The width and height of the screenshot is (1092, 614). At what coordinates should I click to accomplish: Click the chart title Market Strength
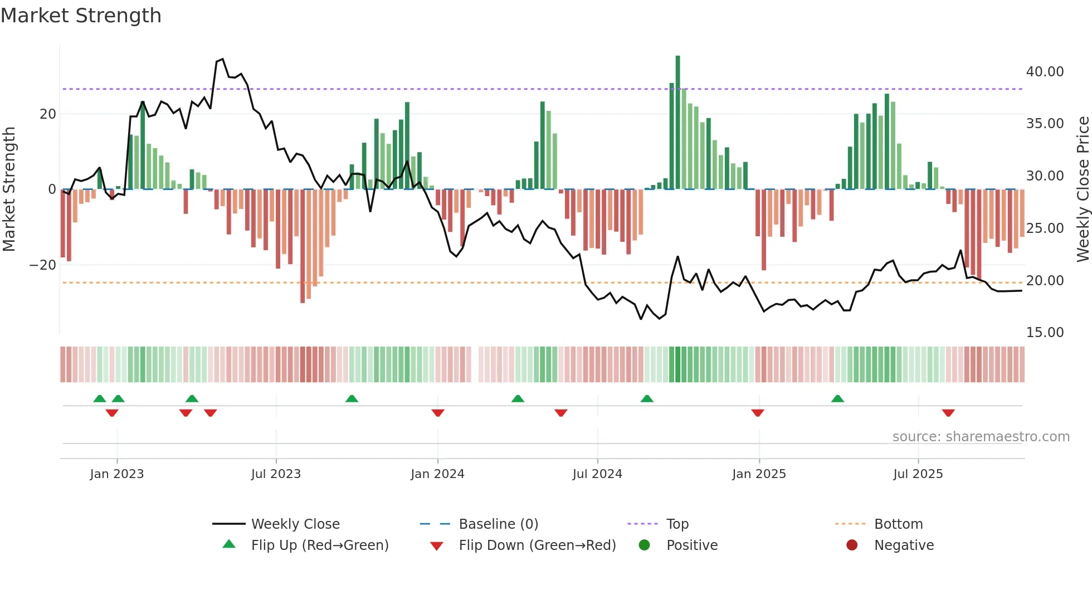pos(81,16)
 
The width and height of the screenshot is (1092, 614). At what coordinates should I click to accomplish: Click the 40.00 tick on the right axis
pos(1045,72)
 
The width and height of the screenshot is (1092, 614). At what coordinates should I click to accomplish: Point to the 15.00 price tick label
pos(1045,333)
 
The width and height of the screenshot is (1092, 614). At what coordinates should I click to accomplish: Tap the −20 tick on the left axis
pos(43,265)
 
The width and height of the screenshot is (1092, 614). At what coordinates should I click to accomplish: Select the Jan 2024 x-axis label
pos(437,474)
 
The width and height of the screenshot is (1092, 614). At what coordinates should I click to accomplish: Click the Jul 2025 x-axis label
pos(918,474)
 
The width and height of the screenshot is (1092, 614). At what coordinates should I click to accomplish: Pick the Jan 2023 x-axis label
pos(116,474)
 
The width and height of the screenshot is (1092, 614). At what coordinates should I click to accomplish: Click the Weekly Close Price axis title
pos(1083,189)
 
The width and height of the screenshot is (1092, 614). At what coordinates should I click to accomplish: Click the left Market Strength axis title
pos(9,189)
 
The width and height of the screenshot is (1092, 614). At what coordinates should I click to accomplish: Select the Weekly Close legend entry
pos(295,524)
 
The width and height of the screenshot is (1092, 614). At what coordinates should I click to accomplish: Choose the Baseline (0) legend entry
pos(498,524)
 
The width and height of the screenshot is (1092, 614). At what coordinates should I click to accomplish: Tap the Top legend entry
pos(677,524)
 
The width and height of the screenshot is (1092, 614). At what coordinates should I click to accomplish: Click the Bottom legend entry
pos(898,524)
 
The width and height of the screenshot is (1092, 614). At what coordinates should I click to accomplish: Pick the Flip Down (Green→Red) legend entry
pos(537,545)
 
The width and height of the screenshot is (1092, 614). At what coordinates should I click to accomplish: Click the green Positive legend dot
pos(644,545)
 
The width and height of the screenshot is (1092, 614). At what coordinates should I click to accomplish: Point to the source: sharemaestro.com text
pos(981,437)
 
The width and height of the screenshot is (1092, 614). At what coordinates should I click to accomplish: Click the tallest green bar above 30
pos(677,123)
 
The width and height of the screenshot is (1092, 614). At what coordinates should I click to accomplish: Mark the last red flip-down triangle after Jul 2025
pos(948,413)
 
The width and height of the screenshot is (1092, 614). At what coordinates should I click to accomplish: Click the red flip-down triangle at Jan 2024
pos(438,413)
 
